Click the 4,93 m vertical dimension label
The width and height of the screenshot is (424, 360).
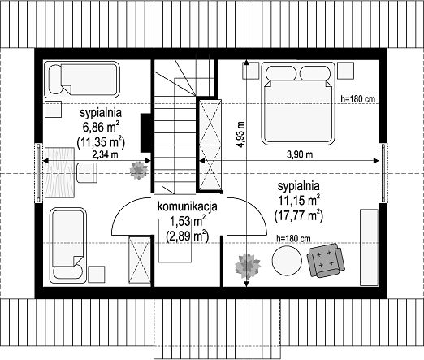240,134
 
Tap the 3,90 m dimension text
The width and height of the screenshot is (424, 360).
300,154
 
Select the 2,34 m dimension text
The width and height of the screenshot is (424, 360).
105,154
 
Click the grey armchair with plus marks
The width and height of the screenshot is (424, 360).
326,260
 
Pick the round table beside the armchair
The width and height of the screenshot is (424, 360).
287,260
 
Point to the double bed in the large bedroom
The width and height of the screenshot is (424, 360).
298,102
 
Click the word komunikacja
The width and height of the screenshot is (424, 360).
188,206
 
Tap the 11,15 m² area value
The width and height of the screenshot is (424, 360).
299,201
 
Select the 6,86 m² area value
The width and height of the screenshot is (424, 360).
101,127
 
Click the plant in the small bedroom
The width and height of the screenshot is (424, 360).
139,171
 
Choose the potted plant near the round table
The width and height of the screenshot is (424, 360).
248,265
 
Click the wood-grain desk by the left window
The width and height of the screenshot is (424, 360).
59,172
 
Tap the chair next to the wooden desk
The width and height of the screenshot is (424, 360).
87,172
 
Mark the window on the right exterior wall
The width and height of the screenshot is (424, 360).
383,173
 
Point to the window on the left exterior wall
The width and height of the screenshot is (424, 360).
39,173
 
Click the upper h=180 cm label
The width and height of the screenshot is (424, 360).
358,99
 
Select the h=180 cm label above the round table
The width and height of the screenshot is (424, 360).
293,239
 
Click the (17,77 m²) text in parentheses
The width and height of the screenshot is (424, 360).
299,216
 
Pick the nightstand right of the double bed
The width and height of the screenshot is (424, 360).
345,71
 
